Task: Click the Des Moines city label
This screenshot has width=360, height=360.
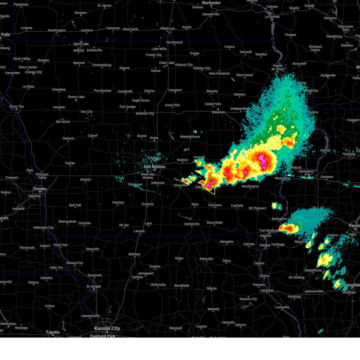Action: click(154, 167)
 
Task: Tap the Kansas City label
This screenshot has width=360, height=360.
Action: click(107, 328)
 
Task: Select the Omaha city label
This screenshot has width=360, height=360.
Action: click(40, 189)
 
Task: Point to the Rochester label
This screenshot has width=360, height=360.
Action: click(211, 3)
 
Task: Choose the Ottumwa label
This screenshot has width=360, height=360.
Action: click(215, 205)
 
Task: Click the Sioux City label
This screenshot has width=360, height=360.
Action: click(16, 106)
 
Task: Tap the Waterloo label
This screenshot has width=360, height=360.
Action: click(218, 112)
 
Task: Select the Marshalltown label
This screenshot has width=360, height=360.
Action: click(190, 137)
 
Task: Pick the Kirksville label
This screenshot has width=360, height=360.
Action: click(206, 259)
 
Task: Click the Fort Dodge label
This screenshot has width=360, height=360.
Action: click(127, 107)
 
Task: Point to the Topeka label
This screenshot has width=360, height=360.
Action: click(53, 332)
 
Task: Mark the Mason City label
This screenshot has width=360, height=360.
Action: click(184, 65)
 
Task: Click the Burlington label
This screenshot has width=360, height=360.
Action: click(279, 219)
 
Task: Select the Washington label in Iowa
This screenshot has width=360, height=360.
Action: click(250, 186)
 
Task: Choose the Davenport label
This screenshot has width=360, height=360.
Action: click(306, 171)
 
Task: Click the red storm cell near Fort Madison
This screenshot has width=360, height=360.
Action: click(289, 229)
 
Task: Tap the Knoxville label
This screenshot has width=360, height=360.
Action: click(181, 185)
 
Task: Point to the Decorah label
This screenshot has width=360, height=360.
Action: click(246, 52)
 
